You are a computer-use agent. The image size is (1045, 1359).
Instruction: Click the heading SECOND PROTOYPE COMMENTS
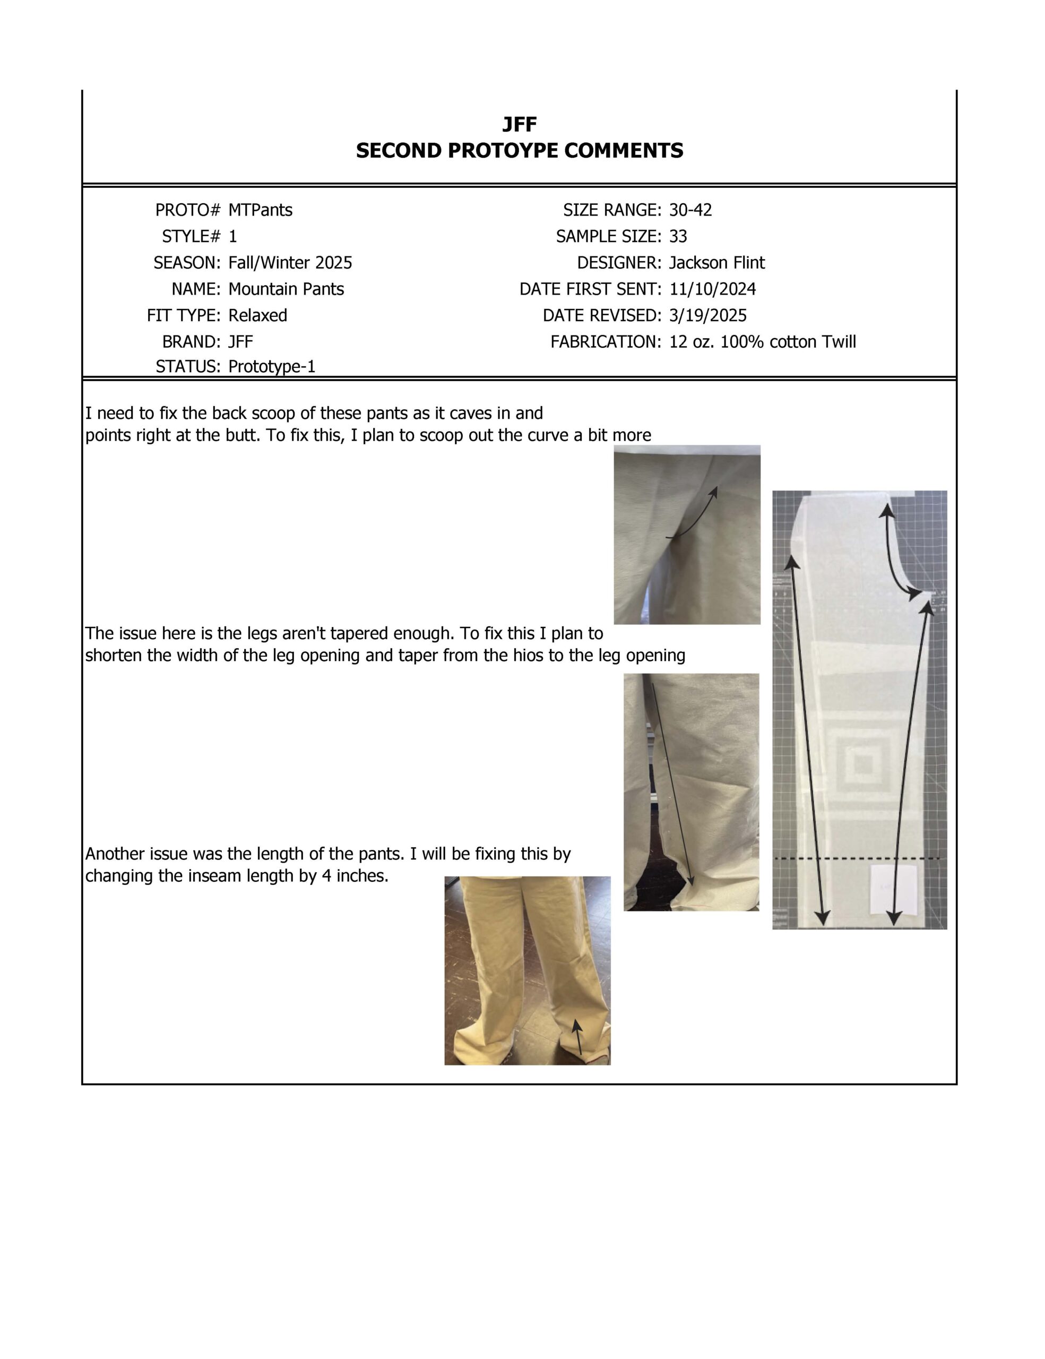520,151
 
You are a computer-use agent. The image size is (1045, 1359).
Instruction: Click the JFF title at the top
520,124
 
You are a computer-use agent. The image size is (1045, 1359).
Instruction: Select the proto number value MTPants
260,210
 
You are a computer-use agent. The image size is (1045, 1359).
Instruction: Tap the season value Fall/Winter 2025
290,263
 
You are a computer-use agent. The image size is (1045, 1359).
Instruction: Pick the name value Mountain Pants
286,289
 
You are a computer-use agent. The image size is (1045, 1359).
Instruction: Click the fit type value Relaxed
257,315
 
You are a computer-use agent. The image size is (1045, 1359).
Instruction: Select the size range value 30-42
690,210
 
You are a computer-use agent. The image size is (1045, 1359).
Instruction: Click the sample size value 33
678,236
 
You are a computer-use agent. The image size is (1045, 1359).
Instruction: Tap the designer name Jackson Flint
716,263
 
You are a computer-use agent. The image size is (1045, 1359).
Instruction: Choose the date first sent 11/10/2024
712,289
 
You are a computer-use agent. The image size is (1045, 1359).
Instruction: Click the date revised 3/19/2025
708,315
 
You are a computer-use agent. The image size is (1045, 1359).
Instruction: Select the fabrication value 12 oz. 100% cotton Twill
763,342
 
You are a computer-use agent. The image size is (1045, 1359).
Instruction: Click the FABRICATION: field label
605,342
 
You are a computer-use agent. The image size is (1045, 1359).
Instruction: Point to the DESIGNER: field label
619,263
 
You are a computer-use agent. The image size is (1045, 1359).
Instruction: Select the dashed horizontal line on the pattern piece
858,859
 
